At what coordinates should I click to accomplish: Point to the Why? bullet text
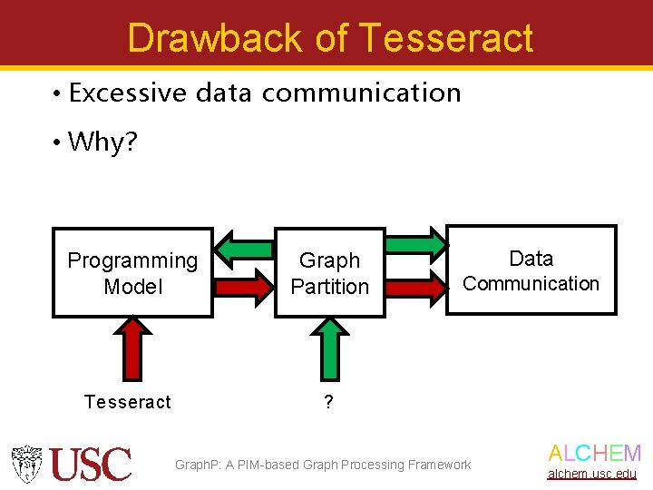(x=102, y=142)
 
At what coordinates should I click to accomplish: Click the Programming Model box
(x=132, y=272)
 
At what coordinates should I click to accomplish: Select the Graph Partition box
(x=329, y=272)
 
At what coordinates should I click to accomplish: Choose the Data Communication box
(x=531, y=270)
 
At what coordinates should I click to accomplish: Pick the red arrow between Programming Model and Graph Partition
(x=244, y=285)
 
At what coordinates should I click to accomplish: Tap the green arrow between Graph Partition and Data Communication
(x=416, y=243)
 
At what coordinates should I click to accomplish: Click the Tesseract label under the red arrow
(x=127, y=402)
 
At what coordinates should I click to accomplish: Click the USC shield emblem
(x=27, y=464)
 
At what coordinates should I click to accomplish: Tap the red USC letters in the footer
(x=91, y=465)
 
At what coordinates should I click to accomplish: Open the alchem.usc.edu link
(x=591, y=474)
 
